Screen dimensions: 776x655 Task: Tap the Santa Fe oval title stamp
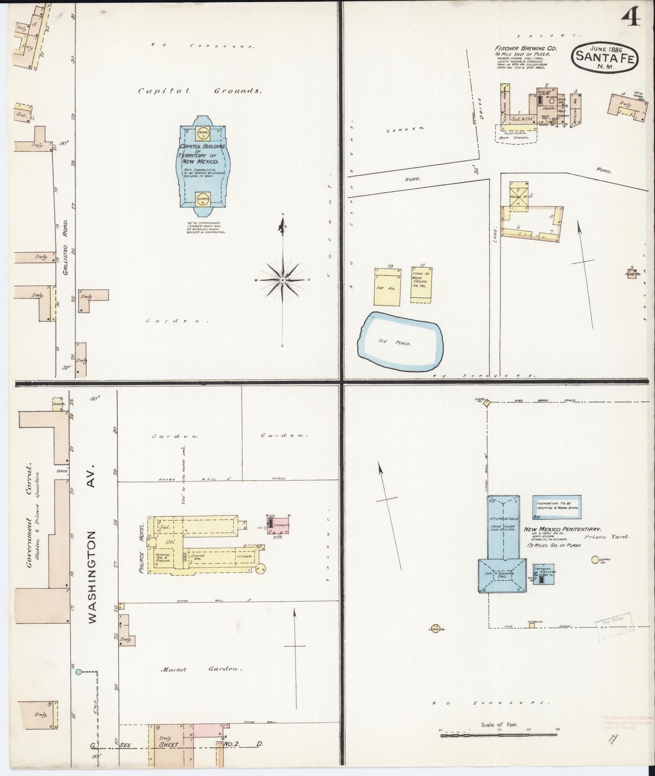coord(605,57)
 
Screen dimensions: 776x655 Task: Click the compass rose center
coord(283,280)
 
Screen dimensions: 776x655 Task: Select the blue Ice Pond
coord(400,341)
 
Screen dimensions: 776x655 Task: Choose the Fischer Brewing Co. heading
coord(525,48)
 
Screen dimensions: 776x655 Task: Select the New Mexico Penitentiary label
coord(562,529)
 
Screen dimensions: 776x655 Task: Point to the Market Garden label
coord(201,669)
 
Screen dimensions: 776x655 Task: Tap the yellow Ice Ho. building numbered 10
coord(387,287)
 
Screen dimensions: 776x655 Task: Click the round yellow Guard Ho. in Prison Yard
coord(595,560)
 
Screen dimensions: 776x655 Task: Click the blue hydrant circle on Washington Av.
coord(78,672)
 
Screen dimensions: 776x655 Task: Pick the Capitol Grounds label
coord(199,91)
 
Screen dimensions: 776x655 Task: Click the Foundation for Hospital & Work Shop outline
coord(556,507)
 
